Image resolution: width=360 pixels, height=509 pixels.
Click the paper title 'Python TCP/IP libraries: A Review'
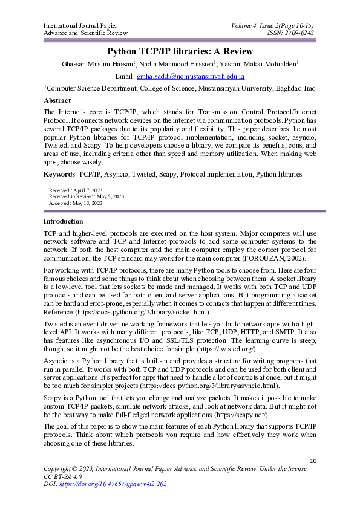pyautogui.click(x=180, y=51)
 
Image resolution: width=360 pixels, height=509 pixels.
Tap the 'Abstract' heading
pyautogui.click(x=57, y=100)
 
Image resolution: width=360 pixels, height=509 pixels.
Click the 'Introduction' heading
pyautogui.click(x=64, y=222)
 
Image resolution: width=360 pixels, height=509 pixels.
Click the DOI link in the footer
pyautogui.click(x=114, y=484)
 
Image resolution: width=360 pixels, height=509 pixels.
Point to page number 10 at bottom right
pyautogui.click(x=312, y=461)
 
